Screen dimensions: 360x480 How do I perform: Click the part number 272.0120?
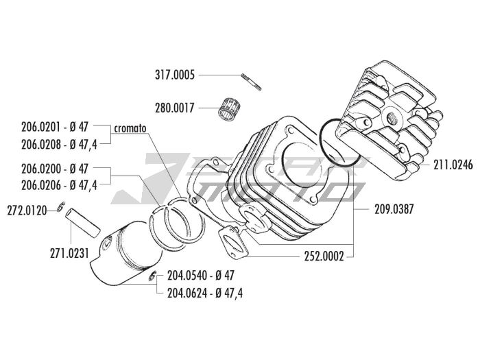27,211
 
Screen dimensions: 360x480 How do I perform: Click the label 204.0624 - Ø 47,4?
205,293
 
